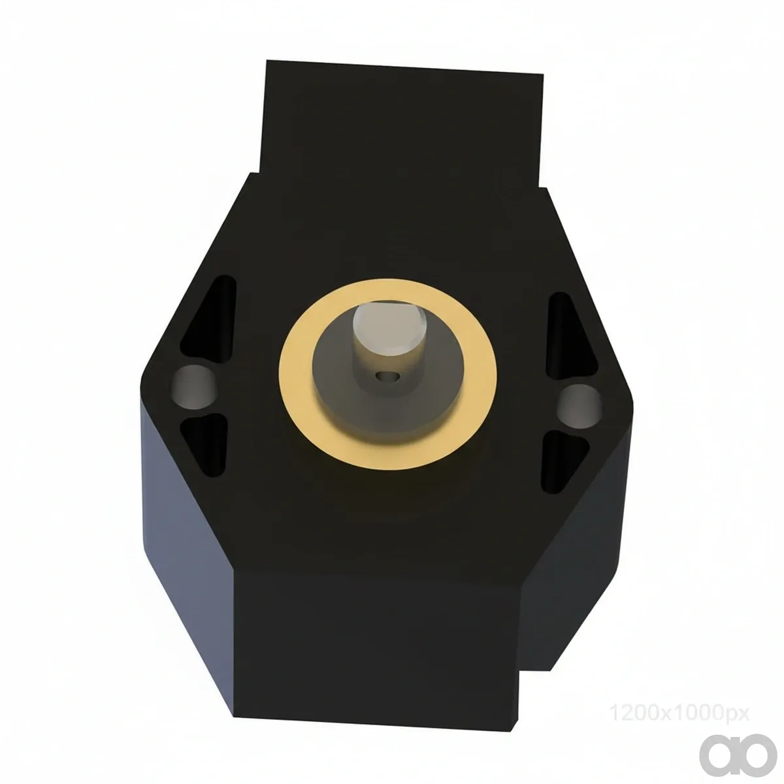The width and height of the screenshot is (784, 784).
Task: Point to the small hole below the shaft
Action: pos(387,376)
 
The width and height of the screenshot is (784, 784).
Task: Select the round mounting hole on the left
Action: pos(193,387)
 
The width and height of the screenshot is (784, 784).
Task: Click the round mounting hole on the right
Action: pos(579,406)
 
